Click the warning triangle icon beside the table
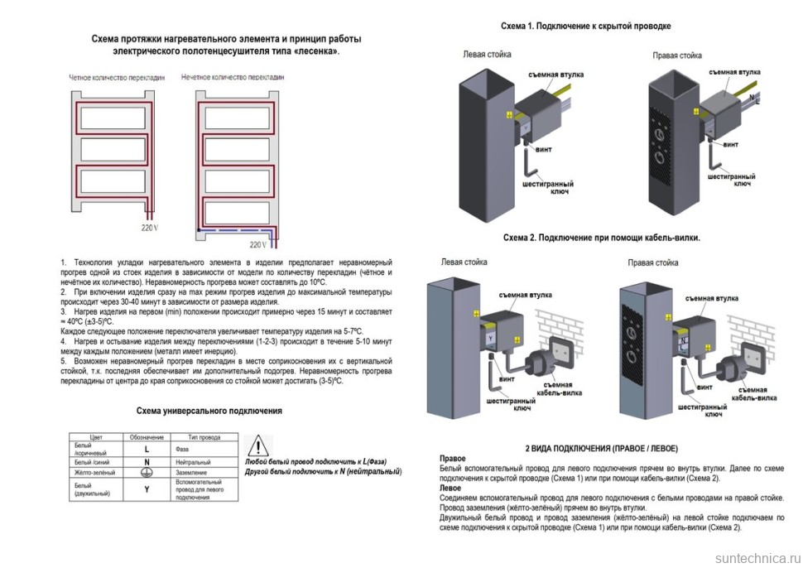click(x=259, y=446)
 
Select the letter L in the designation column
click(x=147, y=449)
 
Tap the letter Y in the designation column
click(x=147, y=489)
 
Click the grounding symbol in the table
click(x=147, y=472)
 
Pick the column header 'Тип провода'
click(x=204, y=436)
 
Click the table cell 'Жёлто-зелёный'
click(x=94, y=472)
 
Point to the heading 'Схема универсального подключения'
click(x=209, y=411)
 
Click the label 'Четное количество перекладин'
click(x=116, y=77)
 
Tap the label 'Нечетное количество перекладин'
click(x=232, y=77)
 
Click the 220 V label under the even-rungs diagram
click(x=150, y=225)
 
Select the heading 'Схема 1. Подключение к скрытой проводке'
click(x=585, y=26)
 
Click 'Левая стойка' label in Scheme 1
click(x=487, y=55)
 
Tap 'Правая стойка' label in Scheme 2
click(x=653, y=263)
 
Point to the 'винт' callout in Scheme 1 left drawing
click(x=544, y=150)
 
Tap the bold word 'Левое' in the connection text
click(x=450, y=489)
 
